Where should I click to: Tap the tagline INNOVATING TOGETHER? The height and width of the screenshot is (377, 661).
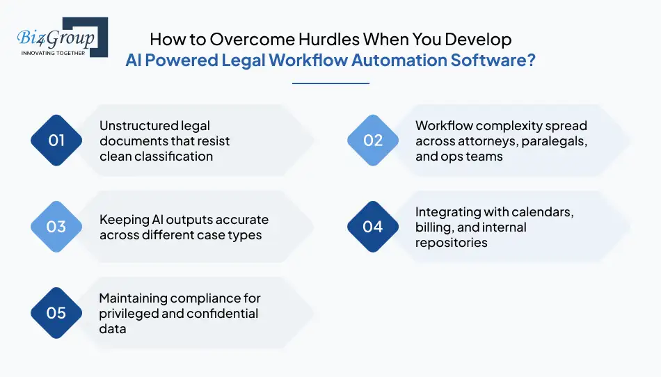[54, 53]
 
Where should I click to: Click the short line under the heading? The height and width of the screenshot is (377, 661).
[330, 83]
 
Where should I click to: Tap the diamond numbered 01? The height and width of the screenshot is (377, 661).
[56, 141]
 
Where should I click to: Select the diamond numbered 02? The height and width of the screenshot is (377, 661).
[373, 141]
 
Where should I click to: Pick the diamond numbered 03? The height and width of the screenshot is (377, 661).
[56, 227]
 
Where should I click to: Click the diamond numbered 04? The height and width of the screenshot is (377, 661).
[373, 227]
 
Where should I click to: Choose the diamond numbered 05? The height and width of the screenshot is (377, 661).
[56, 313]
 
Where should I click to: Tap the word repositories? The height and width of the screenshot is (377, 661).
[452, 243]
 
